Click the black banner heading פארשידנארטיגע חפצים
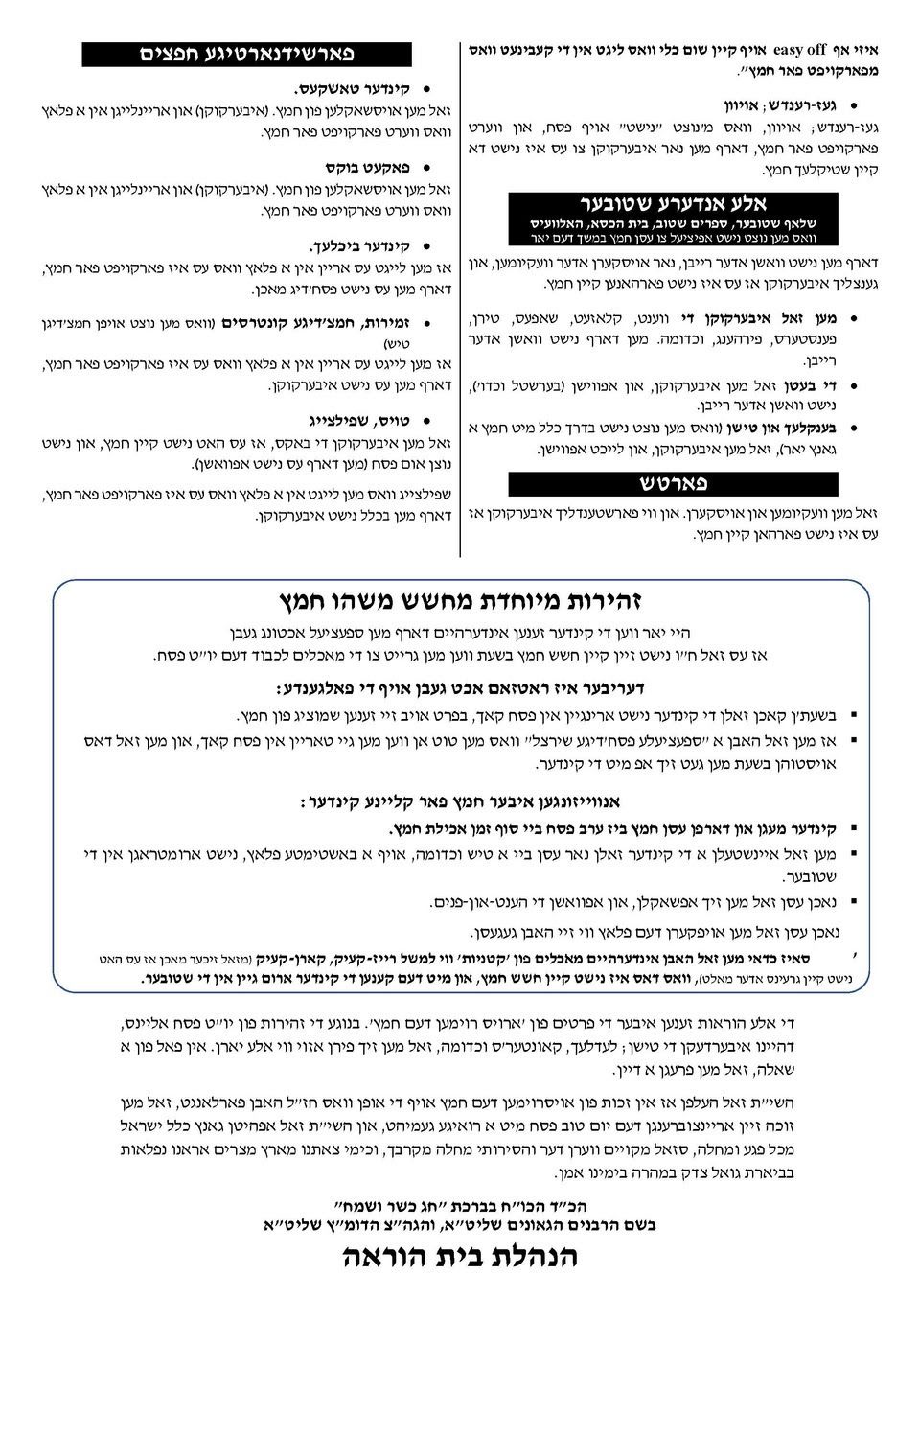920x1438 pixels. (246, 54)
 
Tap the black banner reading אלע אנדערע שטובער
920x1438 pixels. (673, 203)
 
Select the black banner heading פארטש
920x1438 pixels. (673, 483)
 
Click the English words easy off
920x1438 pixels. (801, 49)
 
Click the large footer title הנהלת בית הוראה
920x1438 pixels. (461, 1257)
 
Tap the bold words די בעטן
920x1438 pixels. (812, 385)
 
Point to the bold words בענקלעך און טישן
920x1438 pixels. (780, 429)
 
